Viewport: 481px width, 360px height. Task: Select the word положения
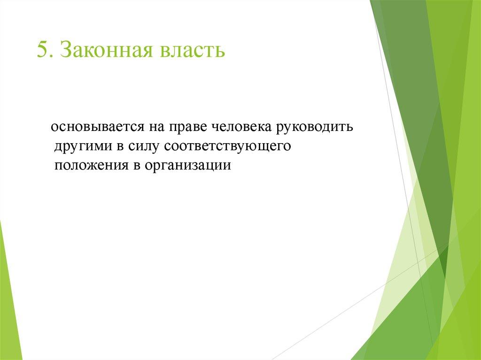[91, 166]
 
